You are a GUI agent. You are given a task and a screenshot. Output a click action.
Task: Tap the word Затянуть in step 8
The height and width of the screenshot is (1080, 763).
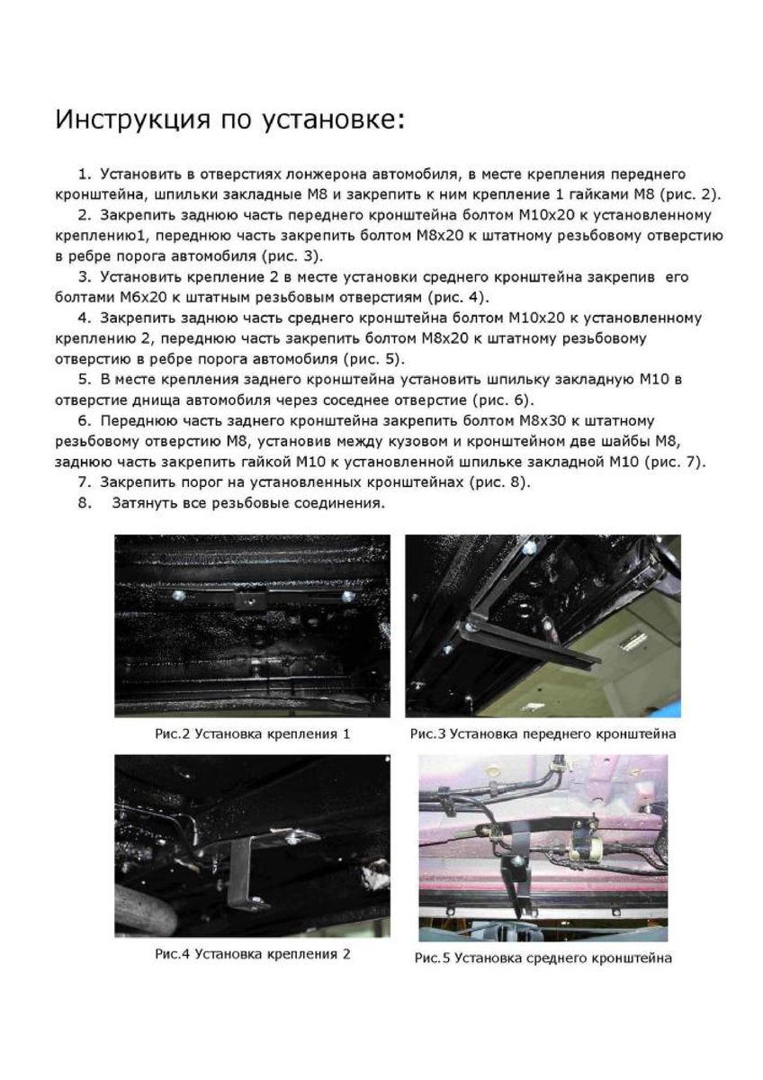[148, 503]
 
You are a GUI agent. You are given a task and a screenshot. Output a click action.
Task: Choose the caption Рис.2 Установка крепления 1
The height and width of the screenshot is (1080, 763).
[252, 733]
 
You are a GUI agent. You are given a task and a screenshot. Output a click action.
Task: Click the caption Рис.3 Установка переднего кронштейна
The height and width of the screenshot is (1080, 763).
[543, 733]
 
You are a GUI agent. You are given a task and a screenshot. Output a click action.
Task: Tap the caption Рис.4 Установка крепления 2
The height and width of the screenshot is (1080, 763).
[252, 953]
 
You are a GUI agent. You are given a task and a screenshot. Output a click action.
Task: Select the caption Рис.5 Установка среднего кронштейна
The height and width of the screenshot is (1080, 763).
[543, 958]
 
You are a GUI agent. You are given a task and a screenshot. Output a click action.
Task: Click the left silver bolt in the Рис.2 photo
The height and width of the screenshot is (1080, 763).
[179, 596]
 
